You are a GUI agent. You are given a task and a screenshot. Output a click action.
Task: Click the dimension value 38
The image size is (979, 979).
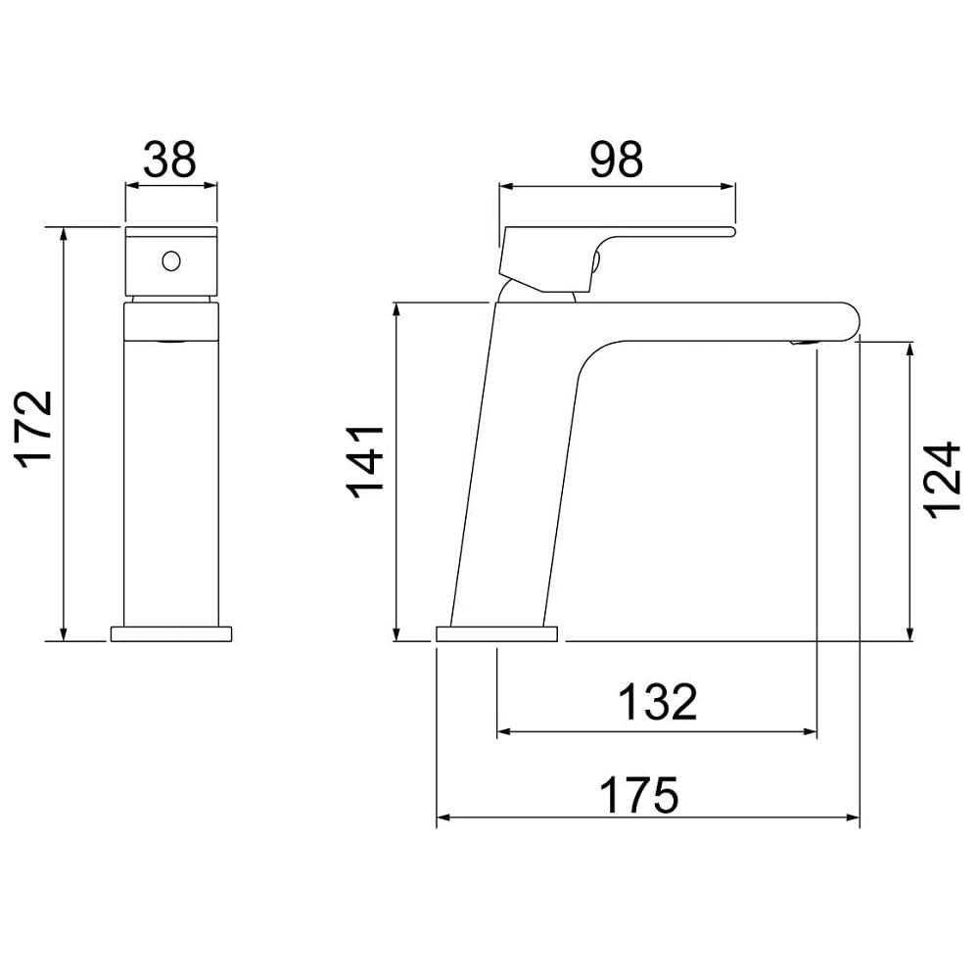tap(170, 159)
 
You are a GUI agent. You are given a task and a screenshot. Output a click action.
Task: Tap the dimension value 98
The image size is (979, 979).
tap(617, 159)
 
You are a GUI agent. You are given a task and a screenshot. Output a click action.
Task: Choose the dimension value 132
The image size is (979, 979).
tap(657, 701)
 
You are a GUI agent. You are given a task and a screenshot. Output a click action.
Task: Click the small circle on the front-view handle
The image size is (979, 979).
tap(170, 261)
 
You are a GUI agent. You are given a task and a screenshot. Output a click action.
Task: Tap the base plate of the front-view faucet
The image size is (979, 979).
tap(172, 633)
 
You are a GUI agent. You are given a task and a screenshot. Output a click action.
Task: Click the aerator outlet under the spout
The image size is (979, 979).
tap(802, 343)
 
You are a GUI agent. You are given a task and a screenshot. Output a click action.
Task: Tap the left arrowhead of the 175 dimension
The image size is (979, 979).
tap(443, 817)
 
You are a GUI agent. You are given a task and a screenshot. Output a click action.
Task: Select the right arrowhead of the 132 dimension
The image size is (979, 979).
tap(810, 731)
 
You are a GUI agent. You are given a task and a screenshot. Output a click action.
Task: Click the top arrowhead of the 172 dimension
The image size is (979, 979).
tap(64, 234)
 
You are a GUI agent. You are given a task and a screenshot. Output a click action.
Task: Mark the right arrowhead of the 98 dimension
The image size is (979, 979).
tap(727, 183)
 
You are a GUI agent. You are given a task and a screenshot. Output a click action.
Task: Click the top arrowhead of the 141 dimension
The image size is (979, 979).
tap(396, 309)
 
